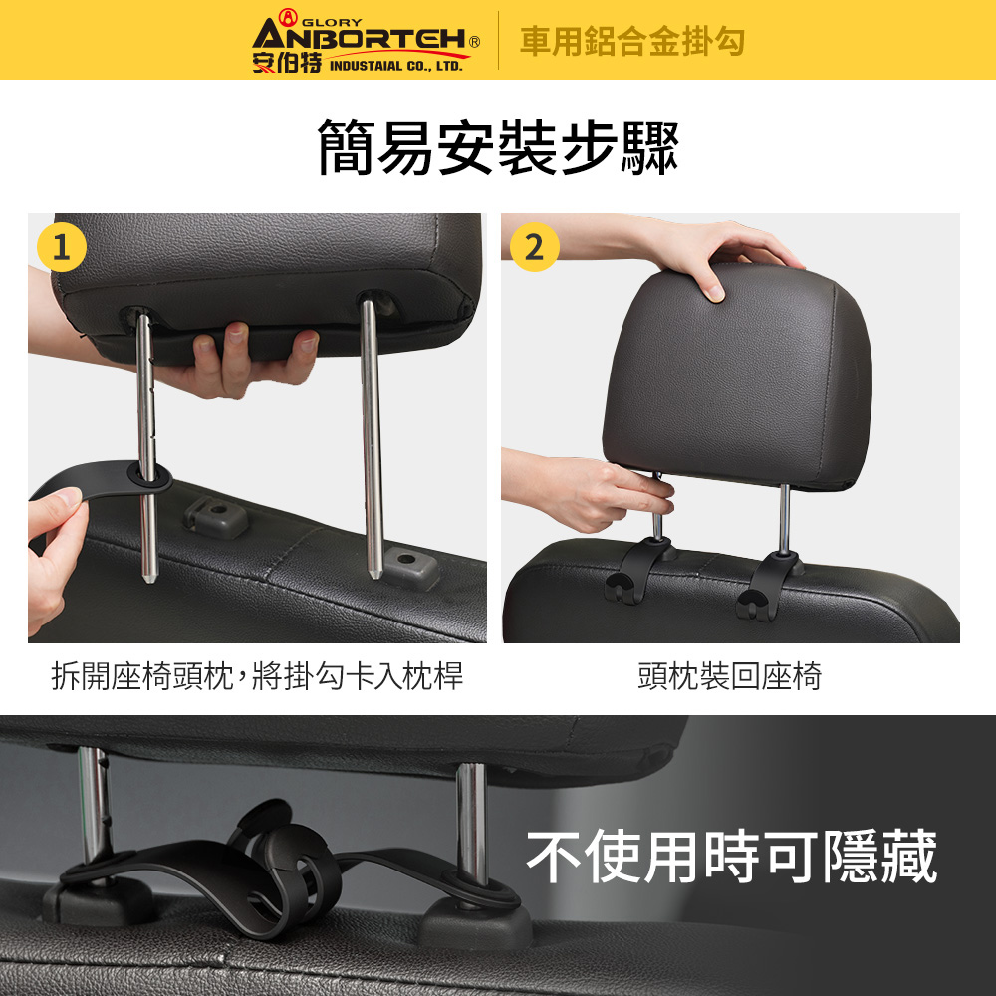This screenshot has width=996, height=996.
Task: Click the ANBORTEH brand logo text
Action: (361, 38)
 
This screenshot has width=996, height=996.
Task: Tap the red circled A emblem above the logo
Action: (288, 17)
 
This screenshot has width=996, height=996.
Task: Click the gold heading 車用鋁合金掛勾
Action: (632, 41)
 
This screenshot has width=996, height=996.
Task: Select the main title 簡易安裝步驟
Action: (498, 146)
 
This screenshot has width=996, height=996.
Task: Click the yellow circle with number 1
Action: (62, 247)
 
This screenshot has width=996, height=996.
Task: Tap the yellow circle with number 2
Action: (534, 247)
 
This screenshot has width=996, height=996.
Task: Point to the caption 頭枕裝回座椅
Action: (730, 676)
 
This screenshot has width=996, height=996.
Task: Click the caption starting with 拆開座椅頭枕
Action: (257, 676)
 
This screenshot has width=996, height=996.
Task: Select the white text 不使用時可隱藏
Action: (732, 857)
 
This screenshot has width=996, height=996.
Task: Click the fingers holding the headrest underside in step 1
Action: (254, 359)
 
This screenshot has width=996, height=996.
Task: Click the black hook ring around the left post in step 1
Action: (150, 476)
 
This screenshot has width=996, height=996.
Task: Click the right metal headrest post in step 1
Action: (373, 438)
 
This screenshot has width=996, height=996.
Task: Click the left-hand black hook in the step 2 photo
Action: (637, 570)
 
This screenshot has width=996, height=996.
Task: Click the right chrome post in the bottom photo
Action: (472, 826)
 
